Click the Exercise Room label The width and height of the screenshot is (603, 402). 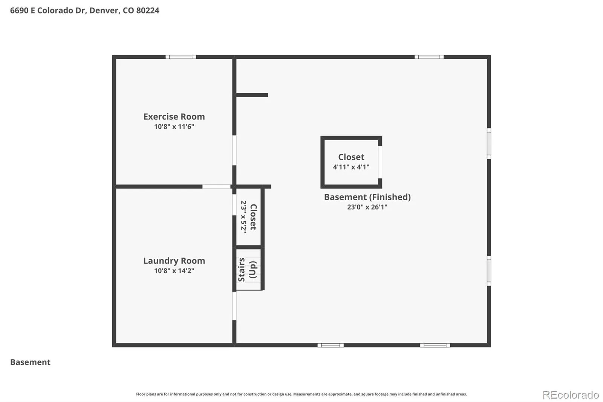click(x=174, y=117)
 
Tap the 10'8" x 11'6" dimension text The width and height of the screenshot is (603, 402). click(x=174, y=127)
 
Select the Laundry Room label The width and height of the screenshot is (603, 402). click(x=174, y=261)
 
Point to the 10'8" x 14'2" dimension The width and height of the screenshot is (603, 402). click(x=174, y=271)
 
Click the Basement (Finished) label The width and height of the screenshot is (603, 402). click(x=367, y=197)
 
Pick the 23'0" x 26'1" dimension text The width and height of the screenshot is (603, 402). click(x=367, y=207)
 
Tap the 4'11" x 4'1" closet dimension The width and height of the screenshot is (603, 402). click(x=351, y=167)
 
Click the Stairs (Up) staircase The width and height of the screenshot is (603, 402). click(x=248, y=270)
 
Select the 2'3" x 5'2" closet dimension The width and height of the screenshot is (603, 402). click(x=243, y=217)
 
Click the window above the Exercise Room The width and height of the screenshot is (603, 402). click(x=181, y=57)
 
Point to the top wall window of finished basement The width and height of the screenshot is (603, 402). click(x=429, y=57)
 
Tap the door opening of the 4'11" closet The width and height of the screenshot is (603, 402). click(x=380, y=162)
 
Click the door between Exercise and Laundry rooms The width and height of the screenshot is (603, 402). click(x=216, y=186)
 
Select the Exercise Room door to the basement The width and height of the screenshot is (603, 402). click(x=234, y=150)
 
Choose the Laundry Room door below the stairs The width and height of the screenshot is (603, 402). click(x=234, y=306)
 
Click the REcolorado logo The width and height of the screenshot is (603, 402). click(x=571, y=395)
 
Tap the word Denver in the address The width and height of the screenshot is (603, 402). click(x=104, y=11)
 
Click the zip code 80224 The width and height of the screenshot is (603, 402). click(x=147, y=11)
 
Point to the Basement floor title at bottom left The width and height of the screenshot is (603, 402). click(x=30, y=362)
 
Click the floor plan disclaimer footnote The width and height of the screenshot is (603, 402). click(x=301, y=394)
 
